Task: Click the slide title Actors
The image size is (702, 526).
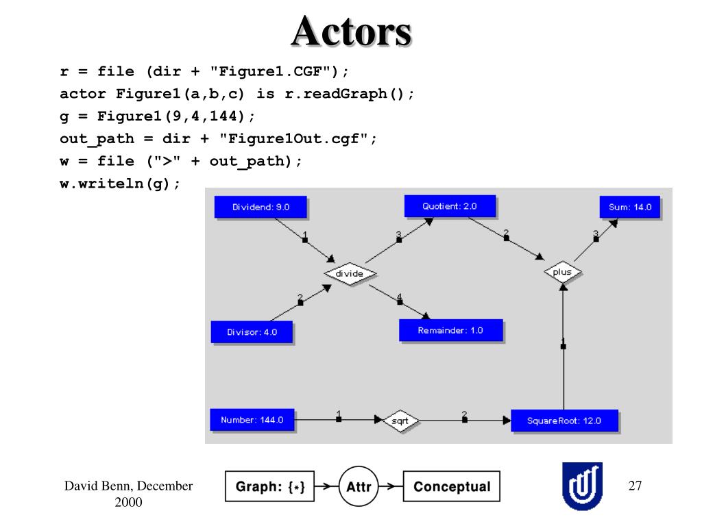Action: pos(352,32)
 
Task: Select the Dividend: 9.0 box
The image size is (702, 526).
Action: pos(261,207)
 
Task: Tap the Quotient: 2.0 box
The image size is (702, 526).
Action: pos(450,206)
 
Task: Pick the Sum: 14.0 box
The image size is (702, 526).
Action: pos(629,207)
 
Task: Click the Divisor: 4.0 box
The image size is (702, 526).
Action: pos(252,332)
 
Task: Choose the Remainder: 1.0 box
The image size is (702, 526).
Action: pos(451,331)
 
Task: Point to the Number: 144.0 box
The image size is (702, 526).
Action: pos(252,420)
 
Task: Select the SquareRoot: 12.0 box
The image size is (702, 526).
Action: pos(564,421)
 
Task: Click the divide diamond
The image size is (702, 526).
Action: pos(350,273)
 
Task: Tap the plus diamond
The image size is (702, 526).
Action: pos(563,272)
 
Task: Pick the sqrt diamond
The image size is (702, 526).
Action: pos(400,421)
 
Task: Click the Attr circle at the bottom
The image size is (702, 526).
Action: pos(359,486)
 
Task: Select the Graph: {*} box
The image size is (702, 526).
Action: pos(269,486)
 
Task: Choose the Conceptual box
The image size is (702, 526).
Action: pos(452,486)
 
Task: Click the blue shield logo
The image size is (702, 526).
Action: pos(583,486)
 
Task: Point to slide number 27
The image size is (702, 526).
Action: pos(635,486)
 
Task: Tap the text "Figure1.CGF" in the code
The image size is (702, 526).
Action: pos(274,71)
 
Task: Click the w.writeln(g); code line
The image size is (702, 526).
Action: pos(120,184)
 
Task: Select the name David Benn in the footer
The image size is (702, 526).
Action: pos(99,486)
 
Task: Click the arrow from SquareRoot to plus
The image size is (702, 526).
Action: pos(564,346)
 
